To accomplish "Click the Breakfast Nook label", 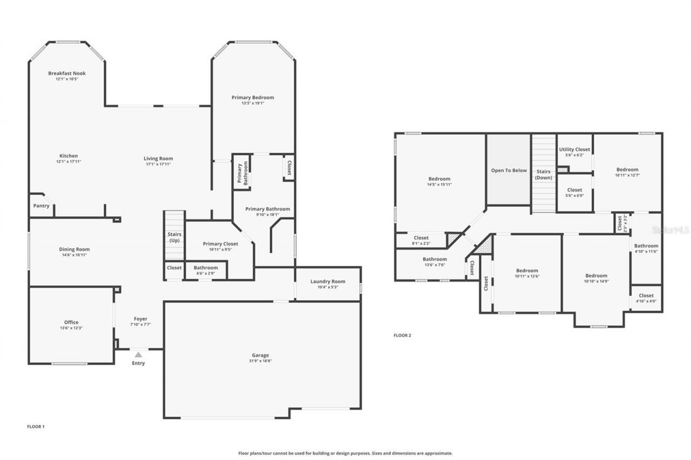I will click(67, 73).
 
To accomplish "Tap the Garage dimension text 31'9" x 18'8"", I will click(260, 361).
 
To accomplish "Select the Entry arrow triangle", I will click(138, 354).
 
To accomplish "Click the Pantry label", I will click(41, 205).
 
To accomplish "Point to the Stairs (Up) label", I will click(174, 237).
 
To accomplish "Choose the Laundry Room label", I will click(328, 282).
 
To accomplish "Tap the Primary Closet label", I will click(220, 244).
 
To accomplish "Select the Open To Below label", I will click(509, 170).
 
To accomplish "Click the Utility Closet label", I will click(574, 149).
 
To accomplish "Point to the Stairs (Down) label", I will click(544, 174).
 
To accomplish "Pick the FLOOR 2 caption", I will click(402, 335).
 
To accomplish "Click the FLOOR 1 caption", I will click(36, 427).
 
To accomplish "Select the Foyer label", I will click(140, 319).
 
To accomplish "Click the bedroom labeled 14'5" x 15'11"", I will click(439, 179).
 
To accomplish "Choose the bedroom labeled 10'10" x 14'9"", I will click(596, 276).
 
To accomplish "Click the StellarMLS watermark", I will click(671, 230).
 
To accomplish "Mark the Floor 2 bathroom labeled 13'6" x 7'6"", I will click(435, 259).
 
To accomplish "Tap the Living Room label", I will click(158, 159).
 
